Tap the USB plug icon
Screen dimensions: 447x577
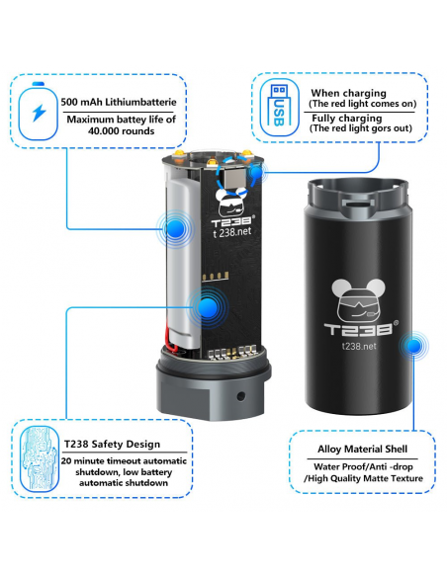point(279,106)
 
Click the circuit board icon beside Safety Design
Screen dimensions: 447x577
point(40,458)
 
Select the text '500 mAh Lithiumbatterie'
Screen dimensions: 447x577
point(119,102)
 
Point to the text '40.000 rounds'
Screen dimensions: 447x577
point(121,131)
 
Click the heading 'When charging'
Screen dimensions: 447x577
point(348,93)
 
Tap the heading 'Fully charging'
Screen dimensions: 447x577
point(347,119)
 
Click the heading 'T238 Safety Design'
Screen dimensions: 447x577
point(113,445)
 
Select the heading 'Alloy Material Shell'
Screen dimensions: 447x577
point(362,449)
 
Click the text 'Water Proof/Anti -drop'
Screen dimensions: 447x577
point(363,466)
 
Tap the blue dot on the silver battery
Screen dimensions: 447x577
point(175,229)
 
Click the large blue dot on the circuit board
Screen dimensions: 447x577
point(208,307)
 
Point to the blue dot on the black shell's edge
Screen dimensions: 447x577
point(413,346)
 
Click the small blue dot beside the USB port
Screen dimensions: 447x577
point(256,172)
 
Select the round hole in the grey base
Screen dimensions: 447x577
point(241,396)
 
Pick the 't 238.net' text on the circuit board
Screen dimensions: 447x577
point(232,232)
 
